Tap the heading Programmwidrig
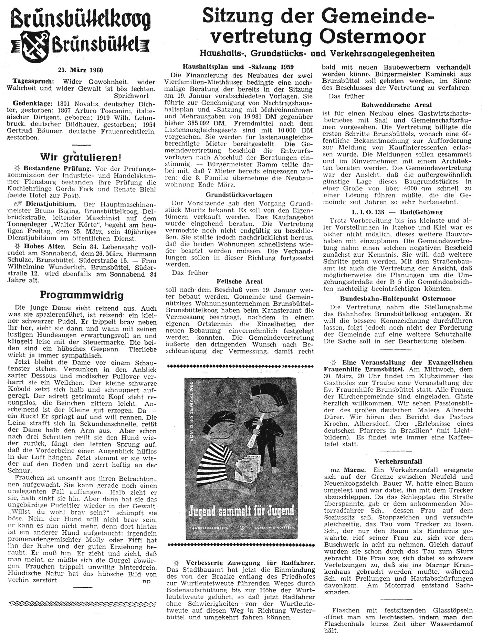[x=82, y=295]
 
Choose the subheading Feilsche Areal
[x=240, y=281]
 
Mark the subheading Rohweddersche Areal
[x=397, y=105]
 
